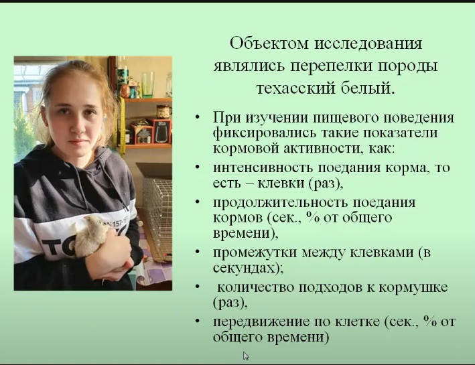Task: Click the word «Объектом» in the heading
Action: tap(269, 44)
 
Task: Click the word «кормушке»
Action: tap(413, 288)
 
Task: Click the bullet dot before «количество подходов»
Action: tap(198, 286)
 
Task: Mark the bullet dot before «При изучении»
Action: tap(198, 117)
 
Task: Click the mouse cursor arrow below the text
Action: tap(246, 356)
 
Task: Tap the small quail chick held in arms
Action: tap(91, 235)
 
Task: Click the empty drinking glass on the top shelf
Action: tap(148, 84)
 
